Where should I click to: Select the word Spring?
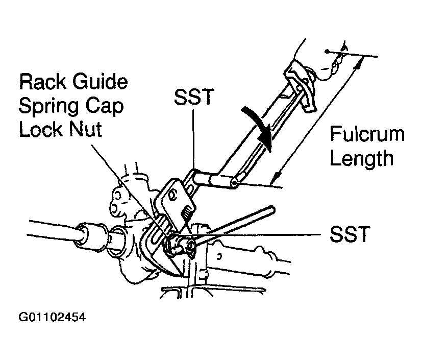tap(50, 106)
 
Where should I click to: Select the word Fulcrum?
tap(367, 135)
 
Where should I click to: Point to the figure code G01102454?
tap(52, 317)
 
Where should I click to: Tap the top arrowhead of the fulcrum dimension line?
tap(361, 62)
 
